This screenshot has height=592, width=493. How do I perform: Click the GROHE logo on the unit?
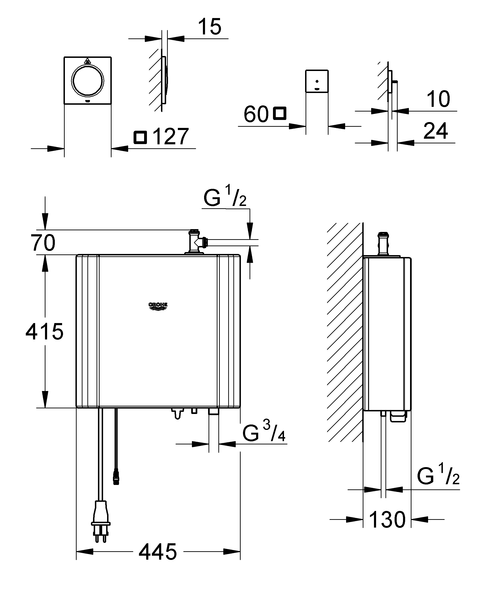pos(158,306)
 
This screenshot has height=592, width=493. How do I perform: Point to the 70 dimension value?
pos(43,242)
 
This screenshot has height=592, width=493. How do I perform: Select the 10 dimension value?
pos(438,99)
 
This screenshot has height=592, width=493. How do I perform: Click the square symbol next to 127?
pos(140,137)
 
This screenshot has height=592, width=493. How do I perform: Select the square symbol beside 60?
pos(280,113)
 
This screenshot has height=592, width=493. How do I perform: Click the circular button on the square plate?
pos(87,80)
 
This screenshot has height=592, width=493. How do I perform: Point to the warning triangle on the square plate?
pos(87,61)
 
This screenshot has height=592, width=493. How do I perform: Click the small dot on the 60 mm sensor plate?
pos(317,81)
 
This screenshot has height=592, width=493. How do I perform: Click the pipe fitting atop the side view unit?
pos(383,244)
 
